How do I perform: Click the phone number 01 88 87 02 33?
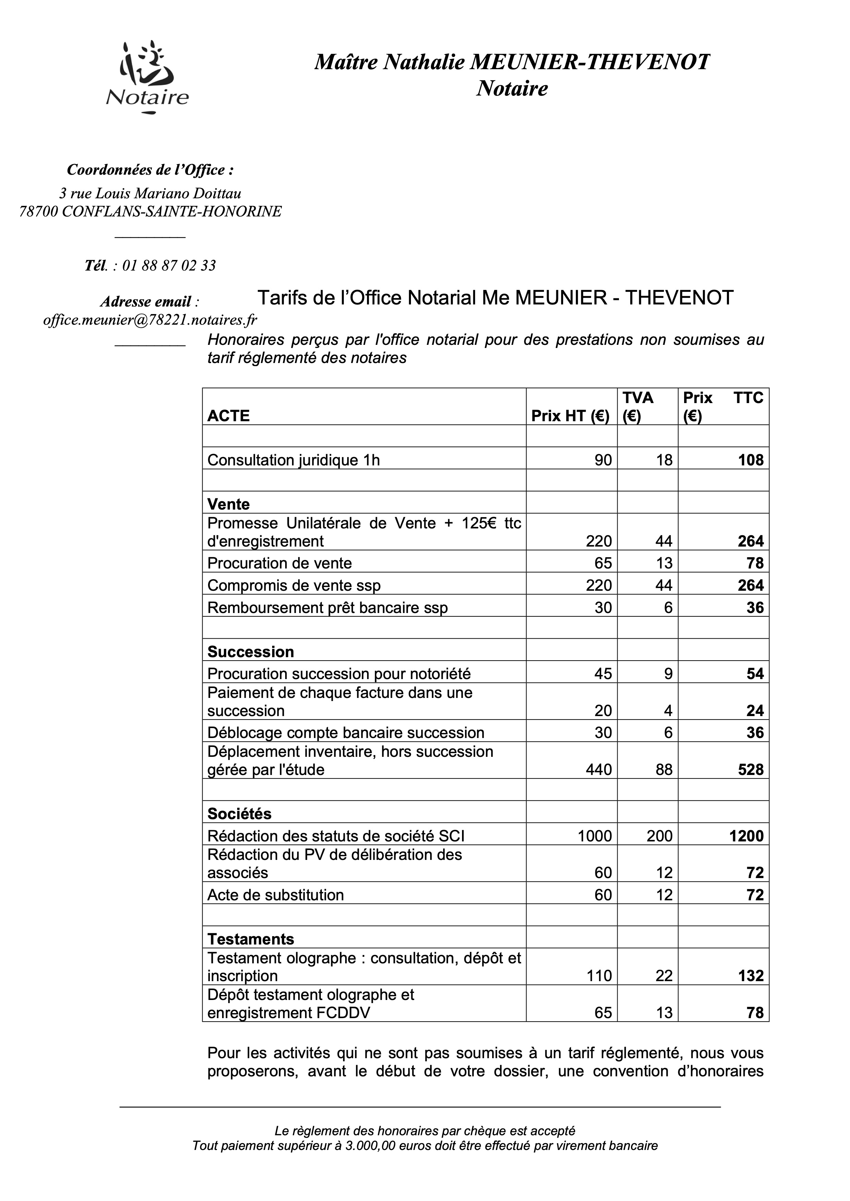[169, 266]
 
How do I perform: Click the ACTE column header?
[228, 416]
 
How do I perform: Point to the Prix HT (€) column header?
[570, 416]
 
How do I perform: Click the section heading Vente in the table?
[228, 504]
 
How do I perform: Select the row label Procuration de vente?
[279, 563]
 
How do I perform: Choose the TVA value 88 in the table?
[664, 770]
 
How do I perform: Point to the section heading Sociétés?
[239, 814]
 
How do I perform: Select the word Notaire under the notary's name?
[511, 88]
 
